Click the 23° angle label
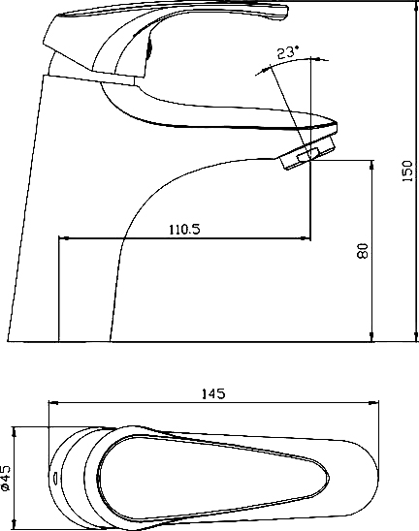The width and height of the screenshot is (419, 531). (288, 53)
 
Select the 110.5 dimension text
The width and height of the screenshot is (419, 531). (184, 230)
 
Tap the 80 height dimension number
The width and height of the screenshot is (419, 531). (363, 251)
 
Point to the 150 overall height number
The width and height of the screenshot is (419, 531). (407, 171)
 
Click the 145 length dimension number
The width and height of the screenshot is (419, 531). (213, 393)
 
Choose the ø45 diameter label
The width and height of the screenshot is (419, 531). (6, 478)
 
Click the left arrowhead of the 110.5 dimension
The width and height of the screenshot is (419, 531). (63, 238)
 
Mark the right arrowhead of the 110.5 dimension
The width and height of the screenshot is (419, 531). (306, 238)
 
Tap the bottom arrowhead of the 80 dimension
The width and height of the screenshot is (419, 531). (371, 336)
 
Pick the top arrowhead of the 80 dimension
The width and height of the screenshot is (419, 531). (371, 166)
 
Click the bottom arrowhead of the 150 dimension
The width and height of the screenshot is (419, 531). (416, 336)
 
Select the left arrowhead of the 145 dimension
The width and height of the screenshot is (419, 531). (54, 403)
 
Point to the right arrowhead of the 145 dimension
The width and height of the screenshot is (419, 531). (373, 403)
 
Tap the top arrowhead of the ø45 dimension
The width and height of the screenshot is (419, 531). (14, 432)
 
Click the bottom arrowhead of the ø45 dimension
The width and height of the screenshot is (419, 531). (14, 524)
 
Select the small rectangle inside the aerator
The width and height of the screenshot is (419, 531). (308, 154)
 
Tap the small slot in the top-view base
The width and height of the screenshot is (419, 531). (55, 478)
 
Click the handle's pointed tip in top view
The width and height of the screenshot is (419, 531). (328, 478)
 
